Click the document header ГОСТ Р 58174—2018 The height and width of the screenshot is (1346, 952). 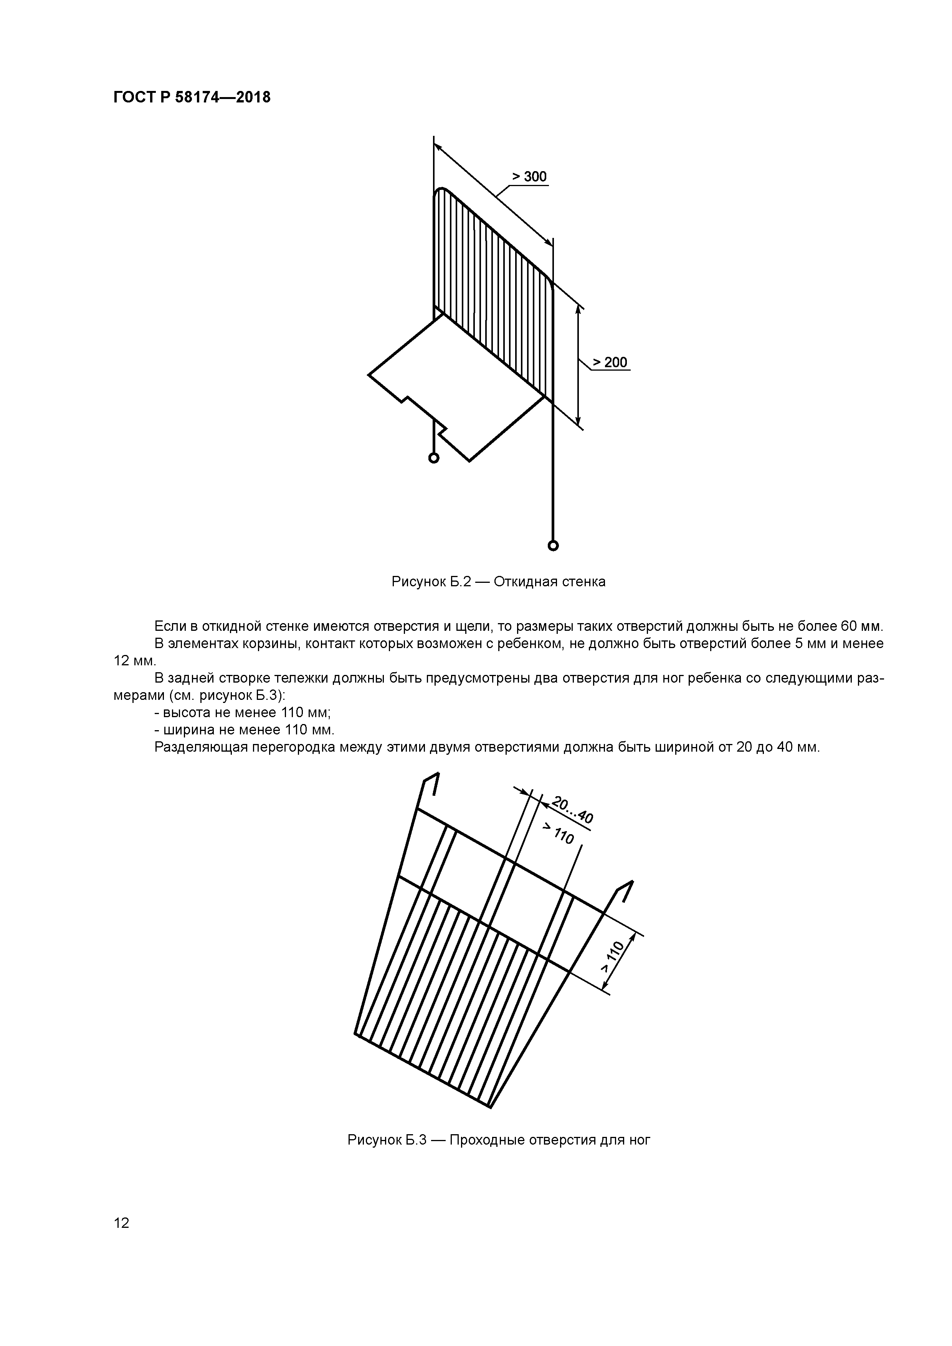tap(192, 97)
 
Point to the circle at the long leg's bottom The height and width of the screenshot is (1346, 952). tap(552, 546)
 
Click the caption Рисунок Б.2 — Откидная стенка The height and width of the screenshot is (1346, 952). tap(498, 582)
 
